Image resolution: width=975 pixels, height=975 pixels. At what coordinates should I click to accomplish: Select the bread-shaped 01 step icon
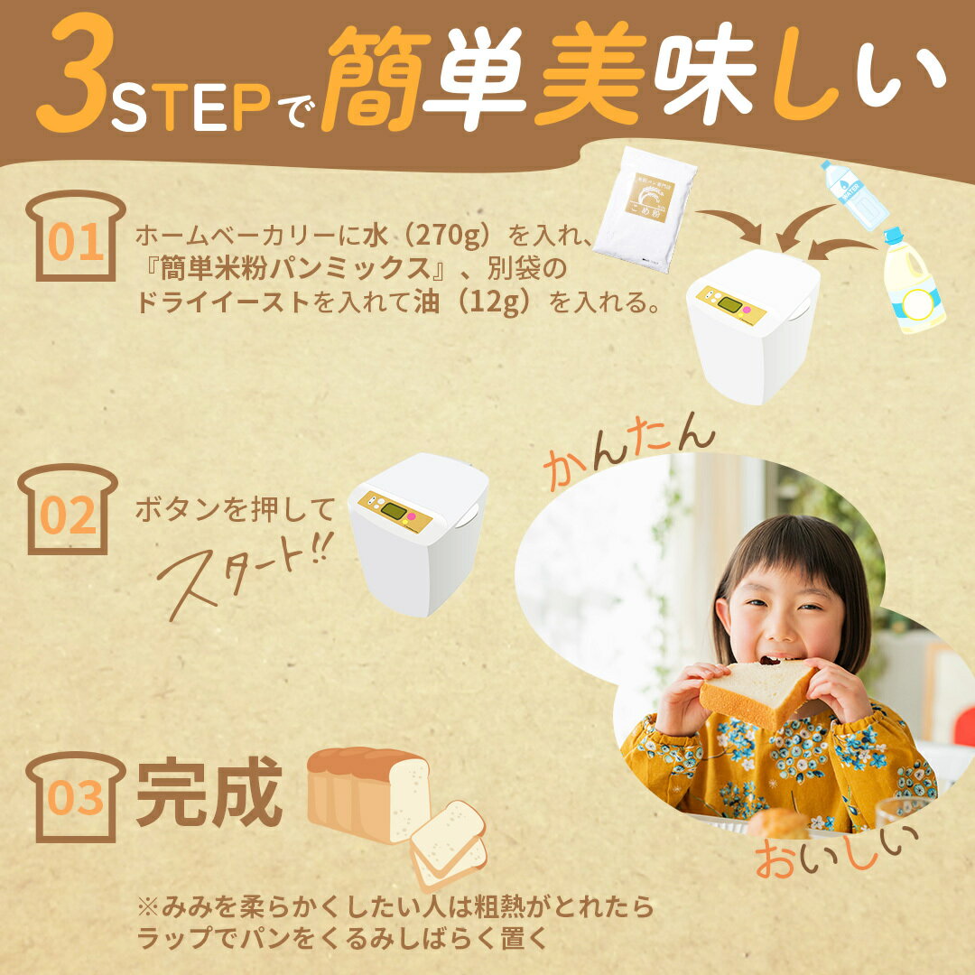pyautogui.click(x=75, y=237)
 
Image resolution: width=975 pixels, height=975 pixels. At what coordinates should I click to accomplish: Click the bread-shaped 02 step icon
pyautogui.click(x=68, y=510)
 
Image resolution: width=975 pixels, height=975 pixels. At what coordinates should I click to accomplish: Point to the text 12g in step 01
pyautogui.click(x=496, y=302)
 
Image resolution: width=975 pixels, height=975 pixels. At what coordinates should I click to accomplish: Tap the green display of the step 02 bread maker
pyautogui.click(x=393, y=511)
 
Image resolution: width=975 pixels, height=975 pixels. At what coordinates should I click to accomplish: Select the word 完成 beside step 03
pyautogui.click(x=209, y=794)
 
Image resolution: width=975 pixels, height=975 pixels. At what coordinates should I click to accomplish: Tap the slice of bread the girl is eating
pyautogui.click(x=757, y=691)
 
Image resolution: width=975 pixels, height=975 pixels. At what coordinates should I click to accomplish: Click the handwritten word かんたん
pyautogui.click(x=628, y=451)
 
